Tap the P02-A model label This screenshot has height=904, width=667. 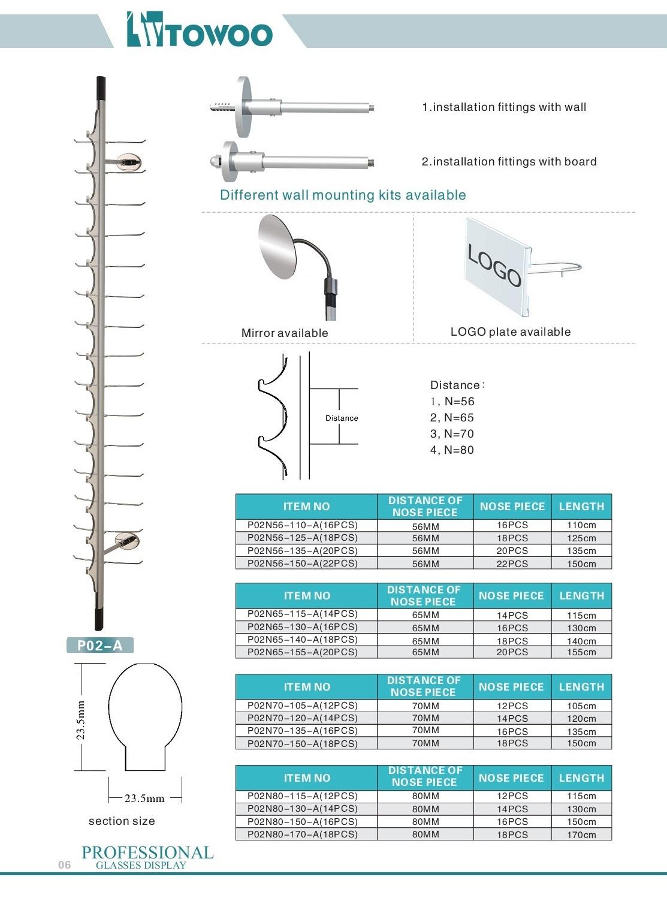99,646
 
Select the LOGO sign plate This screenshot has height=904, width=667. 496,265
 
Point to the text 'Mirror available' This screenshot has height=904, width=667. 285,333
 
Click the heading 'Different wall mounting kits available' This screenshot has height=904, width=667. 343,195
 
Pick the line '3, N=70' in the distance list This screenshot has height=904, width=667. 452,434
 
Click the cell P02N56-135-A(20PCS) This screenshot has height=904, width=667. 303,550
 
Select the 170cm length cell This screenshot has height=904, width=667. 581,834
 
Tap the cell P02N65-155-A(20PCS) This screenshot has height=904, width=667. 303,652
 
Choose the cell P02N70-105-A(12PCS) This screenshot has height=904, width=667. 303,706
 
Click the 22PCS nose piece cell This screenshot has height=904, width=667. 512,564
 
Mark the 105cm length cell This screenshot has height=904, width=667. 581,706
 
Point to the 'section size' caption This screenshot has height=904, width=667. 122,821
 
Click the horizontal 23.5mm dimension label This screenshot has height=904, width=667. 144,798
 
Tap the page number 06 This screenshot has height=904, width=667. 65,864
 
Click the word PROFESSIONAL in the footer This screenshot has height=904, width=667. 147,852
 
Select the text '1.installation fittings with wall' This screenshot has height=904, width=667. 504,107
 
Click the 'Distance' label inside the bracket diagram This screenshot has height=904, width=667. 342,418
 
